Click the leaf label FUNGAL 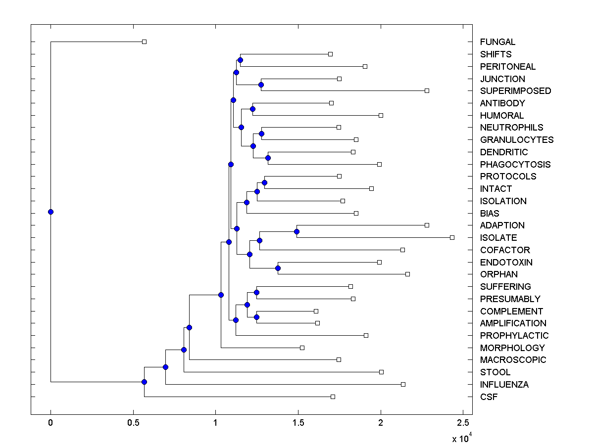497,42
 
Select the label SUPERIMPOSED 515,91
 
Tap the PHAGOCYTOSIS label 515,164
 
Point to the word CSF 489,397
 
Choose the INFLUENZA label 504,384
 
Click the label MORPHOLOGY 512,348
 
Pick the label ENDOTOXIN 506,262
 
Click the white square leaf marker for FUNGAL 144,42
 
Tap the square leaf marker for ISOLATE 452,237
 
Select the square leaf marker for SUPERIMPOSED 427,90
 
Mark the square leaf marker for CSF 333,397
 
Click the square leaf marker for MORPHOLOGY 302,348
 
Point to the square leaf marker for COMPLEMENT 316,311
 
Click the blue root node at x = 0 50,212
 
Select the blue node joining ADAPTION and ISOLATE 297,231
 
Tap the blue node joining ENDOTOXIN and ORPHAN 278,268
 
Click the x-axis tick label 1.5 297,423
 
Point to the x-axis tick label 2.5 462,423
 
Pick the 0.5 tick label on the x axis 133,423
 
